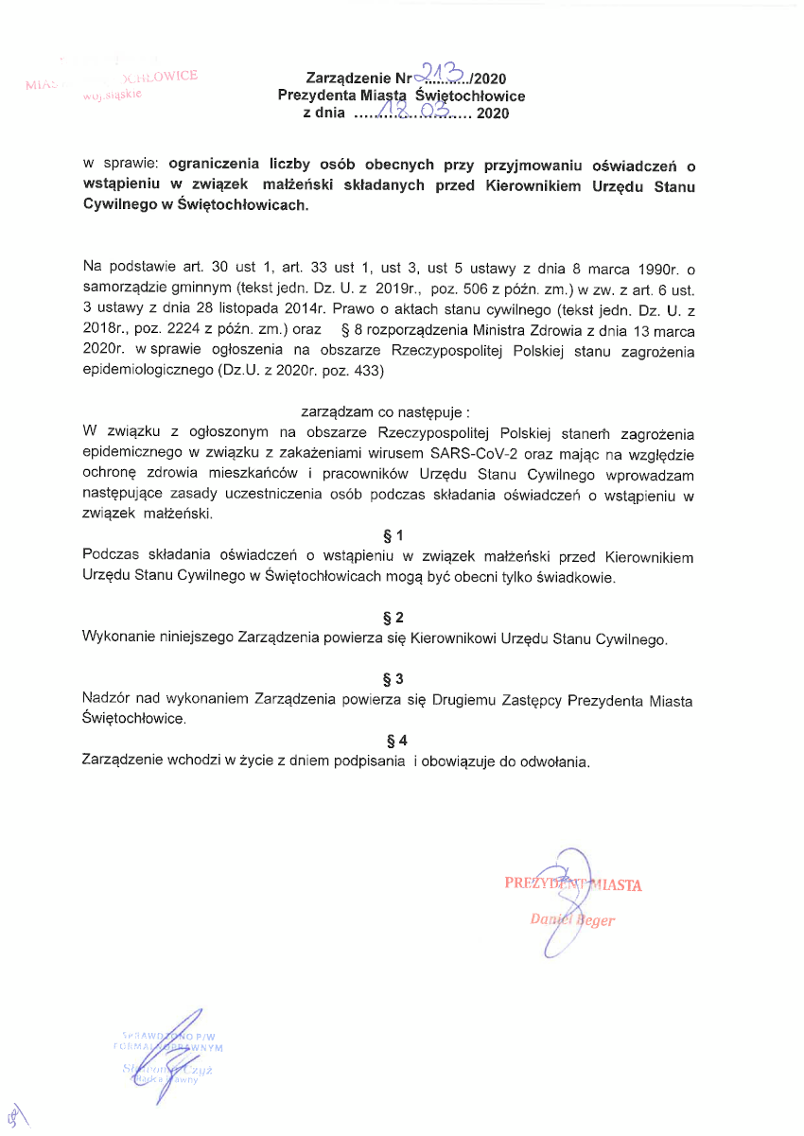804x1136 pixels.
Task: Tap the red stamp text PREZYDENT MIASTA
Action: coord(573,884)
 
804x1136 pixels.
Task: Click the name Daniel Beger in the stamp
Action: coord(572,919)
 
